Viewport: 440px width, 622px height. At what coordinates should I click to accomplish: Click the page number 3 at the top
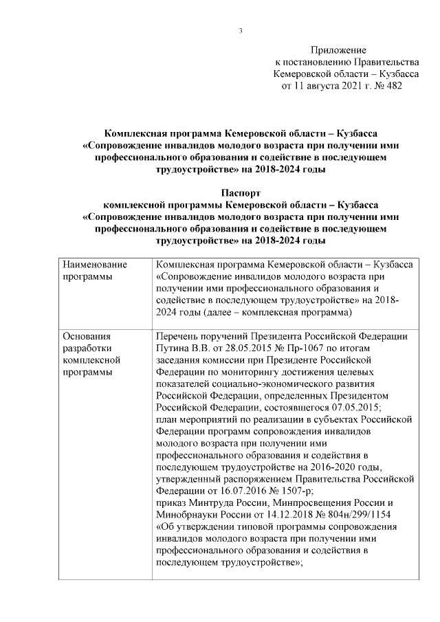point(241,30)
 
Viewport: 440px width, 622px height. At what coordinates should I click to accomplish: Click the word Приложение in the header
point(338,50)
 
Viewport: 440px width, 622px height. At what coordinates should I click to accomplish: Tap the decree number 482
point(391,87)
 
